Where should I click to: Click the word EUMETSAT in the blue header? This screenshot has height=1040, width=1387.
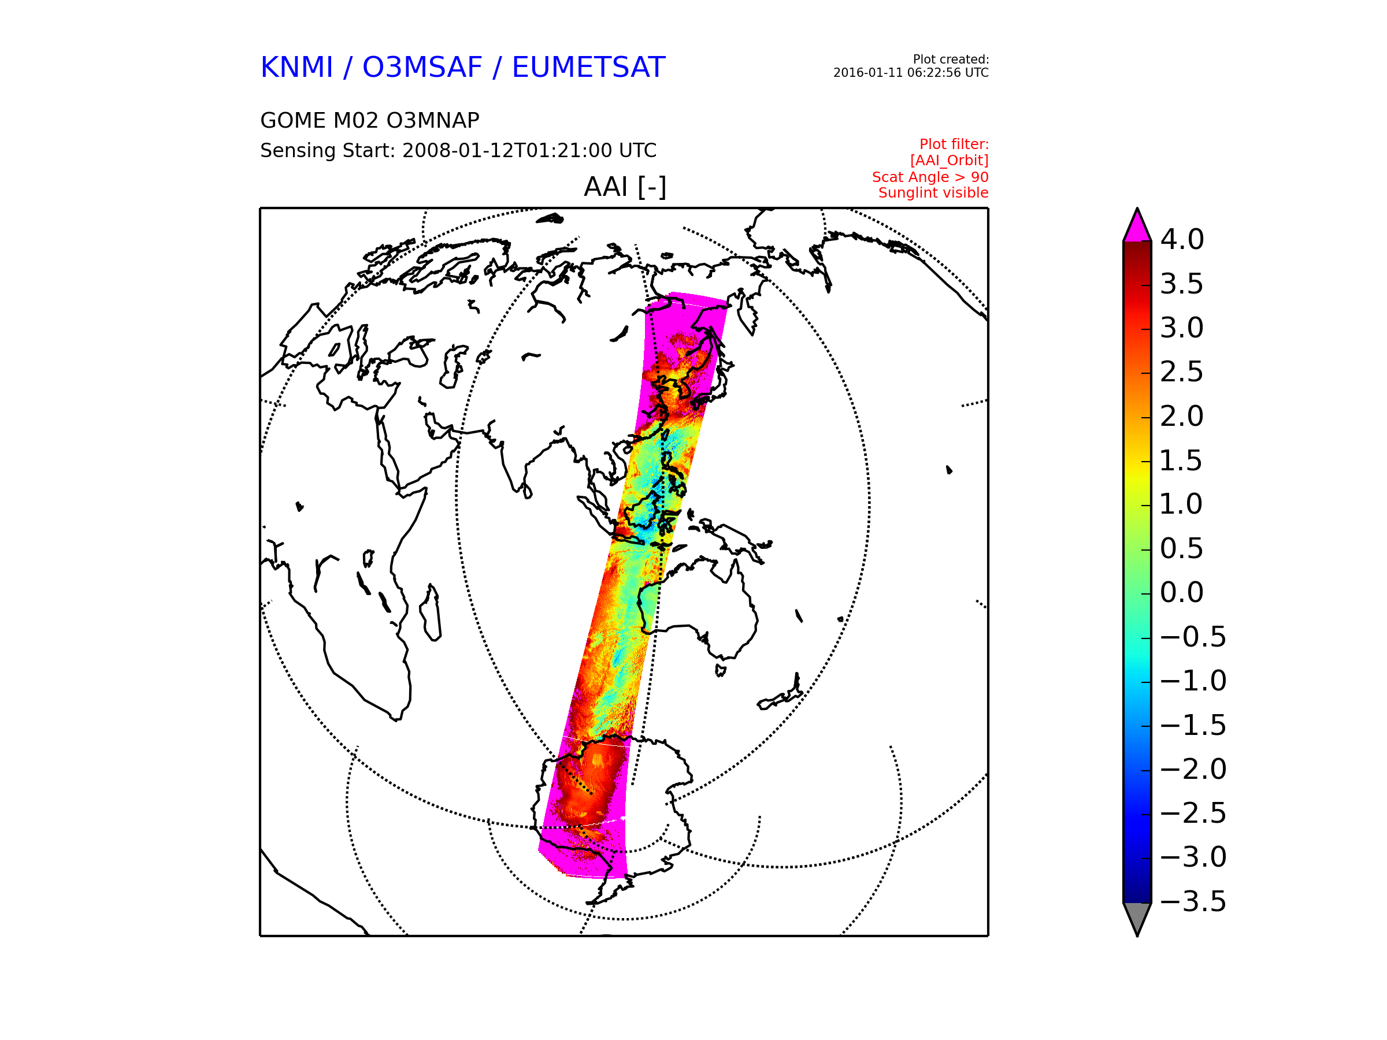[x=588, y=67]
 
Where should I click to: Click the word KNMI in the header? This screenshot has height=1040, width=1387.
[x=296, y=67]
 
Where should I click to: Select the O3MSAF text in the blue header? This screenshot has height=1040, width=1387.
[x=422, y=67]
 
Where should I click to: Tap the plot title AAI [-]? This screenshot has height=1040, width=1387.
[x=625, y=187]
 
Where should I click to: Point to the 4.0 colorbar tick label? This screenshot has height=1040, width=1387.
[x=1182, y=239]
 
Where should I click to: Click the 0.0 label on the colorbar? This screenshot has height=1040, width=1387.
[x=1182, y=592]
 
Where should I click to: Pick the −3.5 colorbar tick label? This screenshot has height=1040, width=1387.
[x=1193, y=901]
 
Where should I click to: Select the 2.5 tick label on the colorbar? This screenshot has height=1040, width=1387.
[x=1182, y=372]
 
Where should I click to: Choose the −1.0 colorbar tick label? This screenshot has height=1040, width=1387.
[x=1193, y=681]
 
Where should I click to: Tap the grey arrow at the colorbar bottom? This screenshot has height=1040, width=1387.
[x=1137, y=917]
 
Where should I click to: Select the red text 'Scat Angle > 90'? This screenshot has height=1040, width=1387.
[x=930, y=177]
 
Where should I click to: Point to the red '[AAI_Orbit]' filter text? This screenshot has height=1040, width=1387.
[x=950, y=161]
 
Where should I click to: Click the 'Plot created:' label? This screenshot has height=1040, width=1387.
[x=951, y=60]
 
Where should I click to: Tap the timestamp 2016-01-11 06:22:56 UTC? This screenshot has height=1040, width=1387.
[x=910, y=73]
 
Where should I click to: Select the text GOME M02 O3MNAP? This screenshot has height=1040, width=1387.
[x=370, y=120]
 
